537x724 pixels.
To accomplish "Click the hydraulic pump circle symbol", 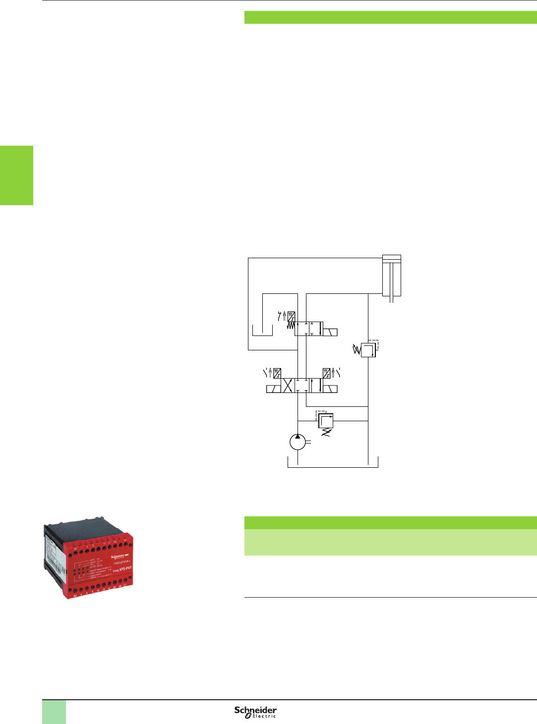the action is tap(298, 442).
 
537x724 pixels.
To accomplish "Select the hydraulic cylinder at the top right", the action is tap(391, 276).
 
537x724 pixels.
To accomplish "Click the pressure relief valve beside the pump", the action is tap(325, 421).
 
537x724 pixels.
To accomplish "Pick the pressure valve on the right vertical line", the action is tap(368, 349).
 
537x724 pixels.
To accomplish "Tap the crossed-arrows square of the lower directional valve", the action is tap(288, 386).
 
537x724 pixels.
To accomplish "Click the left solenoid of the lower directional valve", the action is tap(273, 389).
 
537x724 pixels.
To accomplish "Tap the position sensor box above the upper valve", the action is tap(292, 316).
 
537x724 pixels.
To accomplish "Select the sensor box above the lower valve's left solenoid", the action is tap(277, 373).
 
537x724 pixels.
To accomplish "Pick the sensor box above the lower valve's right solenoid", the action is tap(326, 373).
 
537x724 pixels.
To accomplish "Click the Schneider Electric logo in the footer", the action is tap(255, 712).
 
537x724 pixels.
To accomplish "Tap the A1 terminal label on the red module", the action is tap(75, 549).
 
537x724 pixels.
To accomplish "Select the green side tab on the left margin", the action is tap(16, 175).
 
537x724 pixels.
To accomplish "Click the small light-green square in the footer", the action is tap(54, 712).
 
